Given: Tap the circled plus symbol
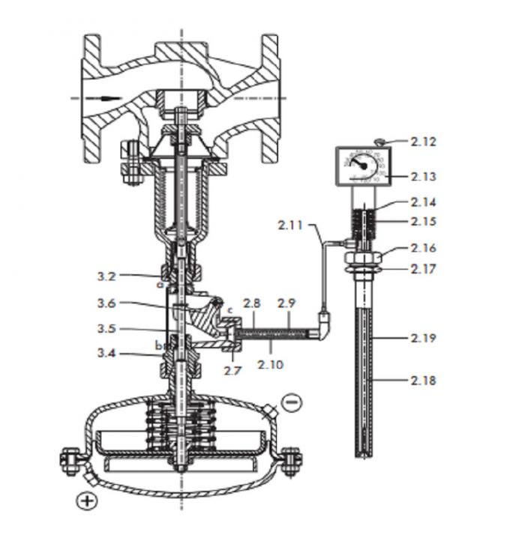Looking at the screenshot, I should point(88,501).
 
